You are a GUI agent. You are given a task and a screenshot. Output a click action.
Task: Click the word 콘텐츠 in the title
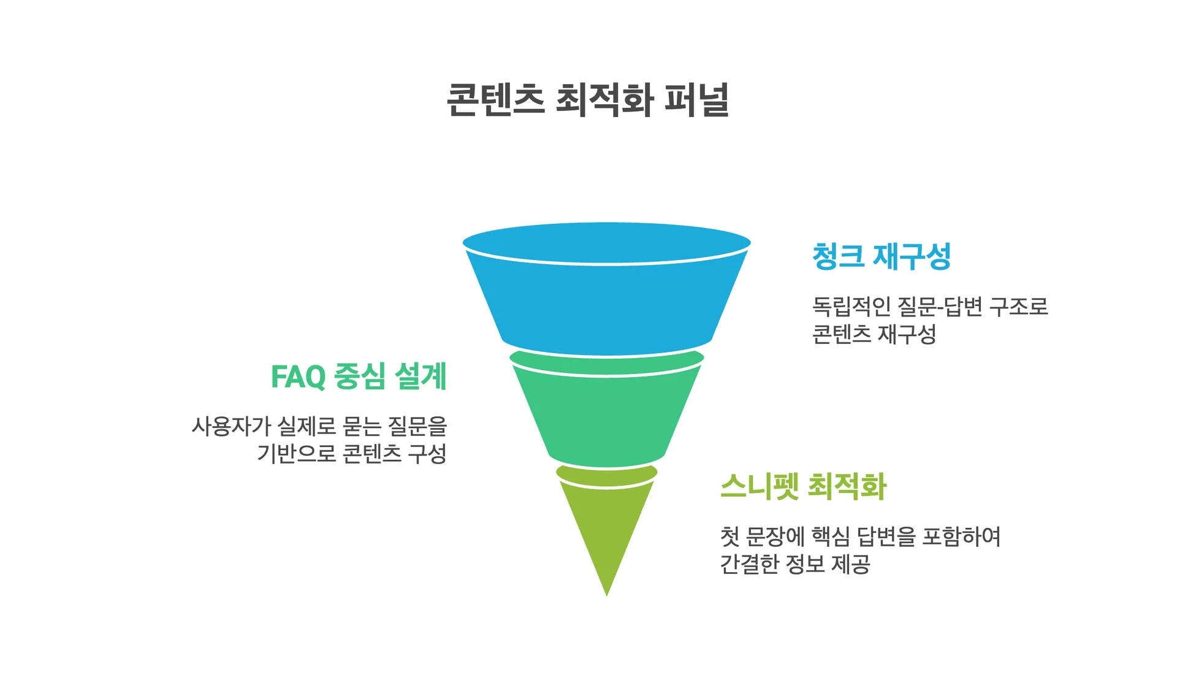pos(495,100)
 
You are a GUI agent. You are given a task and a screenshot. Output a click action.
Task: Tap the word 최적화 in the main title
pos(604,100)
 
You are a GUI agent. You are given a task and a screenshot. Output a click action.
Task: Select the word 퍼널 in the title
pos(697,100)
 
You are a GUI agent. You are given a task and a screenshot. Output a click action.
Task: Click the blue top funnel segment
pos(607,300)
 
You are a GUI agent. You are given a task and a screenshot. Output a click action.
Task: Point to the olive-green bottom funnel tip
pos(607,527)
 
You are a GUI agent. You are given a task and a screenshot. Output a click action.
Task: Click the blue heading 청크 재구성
pos(881,256)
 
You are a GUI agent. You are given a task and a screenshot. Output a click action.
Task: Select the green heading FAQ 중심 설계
pos(359,376)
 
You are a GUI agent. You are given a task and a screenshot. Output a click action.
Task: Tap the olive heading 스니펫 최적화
pos(803,486)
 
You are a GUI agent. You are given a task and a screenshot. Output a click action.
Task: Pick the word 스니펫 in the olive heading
pos(760,486)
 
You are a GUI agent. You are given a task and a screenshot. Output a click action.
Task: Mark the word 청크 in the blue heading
pos(838,256)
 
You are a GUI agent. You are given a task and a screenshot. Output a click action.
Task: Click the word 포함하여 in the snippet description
pos(961,537)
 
